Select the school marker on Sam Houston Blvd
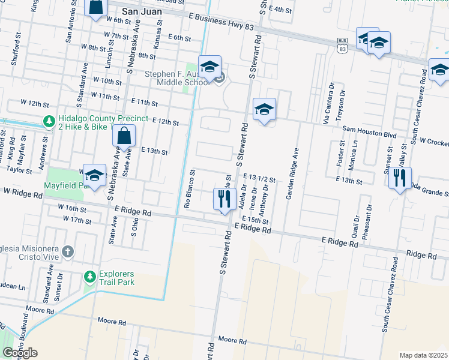264,110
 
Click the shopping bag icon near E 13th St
123,136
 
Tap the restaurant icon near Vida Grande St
399,178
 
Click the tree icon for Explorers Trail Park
90,276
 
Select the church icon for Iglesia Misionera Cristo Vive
68,251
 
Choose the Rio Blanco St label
188,188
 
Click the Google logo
19,353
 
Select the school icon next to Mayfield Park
94,176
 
